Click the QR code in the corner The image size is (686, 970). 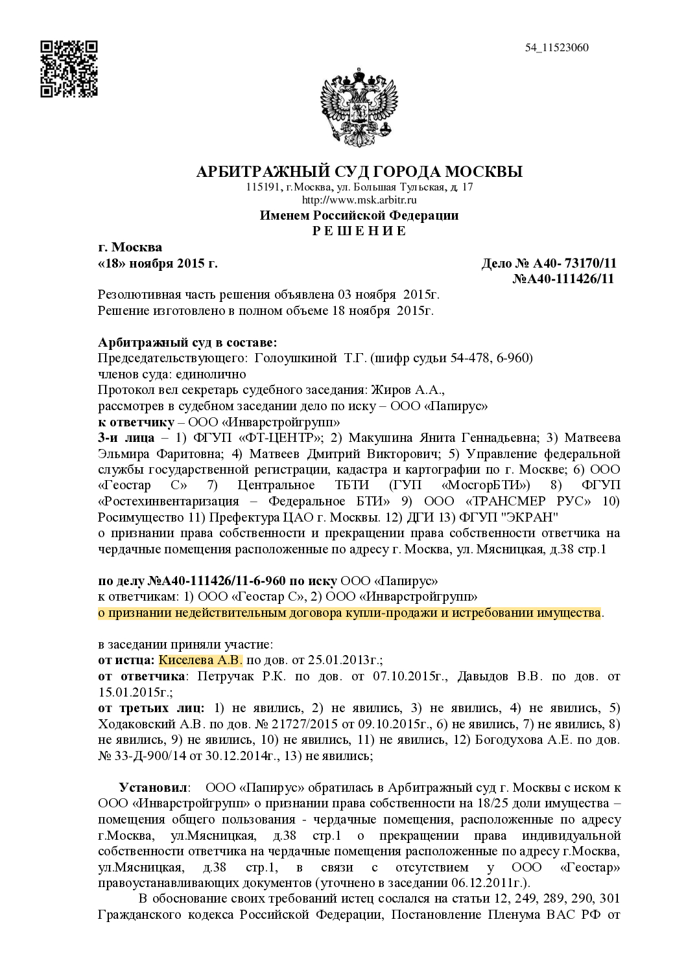pyautogui.click(x=69, y=69)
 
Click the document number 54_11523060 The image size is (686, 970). pyautogui.click(x=557, y=47)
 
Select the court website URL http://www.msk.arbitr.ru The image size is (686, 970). pyautogui.click(x=359, y=200)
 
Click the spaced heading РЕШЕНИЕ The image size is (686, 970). pyautogui.click(x=359, y=231)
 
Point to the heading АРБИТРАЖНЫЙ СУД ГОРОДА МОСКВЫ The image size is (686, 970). pyautogui.click(x=359, y=172)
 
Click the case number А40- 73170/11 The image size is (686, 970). pyautogui.click(x=574, y=263)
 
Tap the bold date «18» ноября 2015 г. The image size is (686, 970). pyautogui.click(x=158, y=263)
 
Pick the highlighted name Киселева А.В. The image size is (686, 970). pyautogui.click(x=200, y=660)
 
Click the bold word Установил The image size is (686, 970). pyautogui.click(x=153, y=788)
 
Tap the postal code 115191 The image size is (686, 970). pyautogui.click(x=263, y=187)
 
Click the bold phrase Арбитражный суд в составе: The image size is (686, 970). pyautogui.click(x=187, y=342)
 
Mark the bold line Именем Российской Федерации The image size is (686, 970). pyautogui.click(x=359, y=216)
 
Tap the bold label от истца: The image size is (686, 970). pyautogui.click(x=126, y=660)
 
